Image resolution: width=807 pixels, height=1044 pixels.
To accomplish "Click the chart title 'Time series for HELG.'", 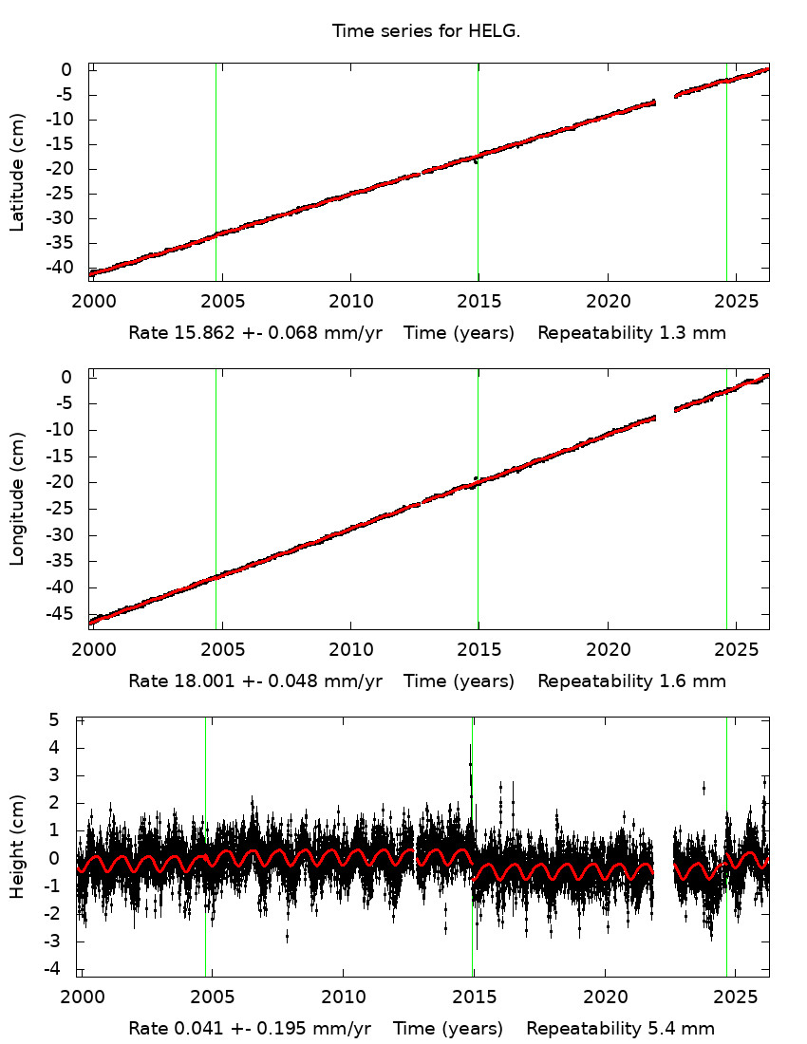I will tap(426, 31).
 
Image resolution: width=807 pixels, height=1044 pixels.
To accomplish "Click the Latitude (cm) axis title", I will tap(17, 172).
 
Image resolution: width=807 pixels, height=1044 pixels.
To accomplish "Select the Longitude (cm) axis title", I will tap(17, 499).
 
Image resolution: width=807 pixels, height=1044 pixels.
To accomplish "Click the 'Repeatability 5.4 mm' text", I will tap(620, 1029).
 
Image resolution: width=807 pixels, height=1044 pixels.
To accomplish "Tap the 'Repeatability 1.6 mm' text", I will tap(631, 680).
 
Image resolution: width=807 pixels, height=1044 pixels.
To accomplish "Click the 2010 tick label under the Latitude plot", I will tap(350, 302).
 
